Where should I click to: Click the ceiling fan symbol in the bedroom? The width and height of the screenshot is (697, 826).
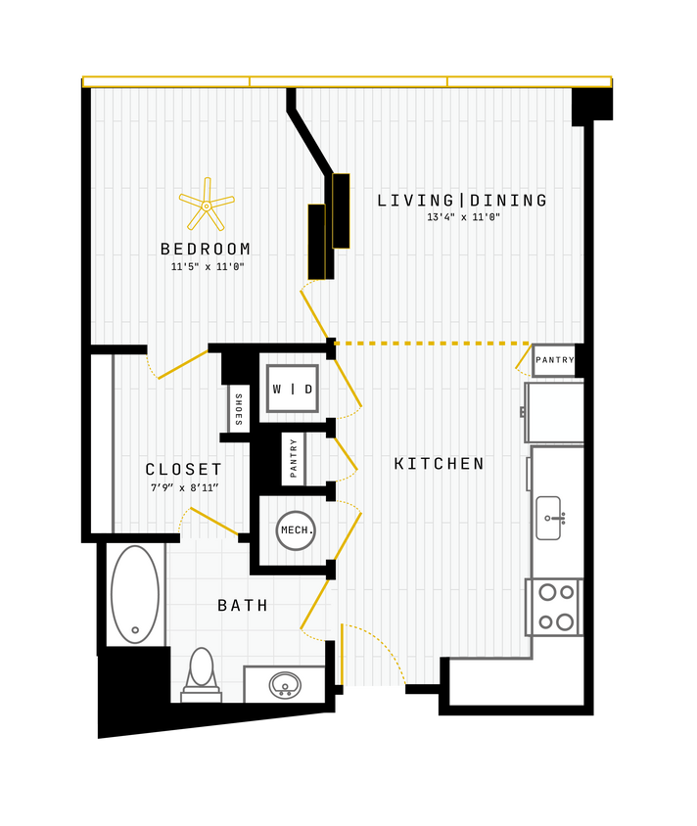[x=207, y=206]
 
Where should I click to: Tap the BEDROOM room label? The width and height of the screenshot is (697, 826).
[x=206, y=249]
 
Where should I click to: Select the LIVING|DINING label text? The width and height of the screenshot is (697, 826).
[x=462, y=201]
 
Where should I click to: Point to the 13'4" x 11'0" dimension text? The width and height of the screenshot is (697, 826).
[x=463, y=218]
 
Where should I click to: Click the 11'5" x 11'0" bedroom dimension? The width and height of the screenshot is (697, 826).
[x=207, y=266]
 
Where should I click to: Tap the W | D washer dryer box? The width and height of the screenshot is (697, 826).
[x=292, y=389]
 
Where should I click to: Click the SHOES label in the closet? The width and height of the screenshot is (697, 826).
[x=238, y=408]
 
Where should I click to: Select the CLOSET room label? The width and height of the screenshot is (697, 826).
[x=184, y=470]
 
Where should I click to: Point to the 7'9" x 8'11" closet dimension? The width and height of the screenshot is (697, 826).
[x=184, y=487]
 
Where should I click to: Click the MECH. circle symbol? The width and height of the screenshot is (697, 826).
[x=296, y=530]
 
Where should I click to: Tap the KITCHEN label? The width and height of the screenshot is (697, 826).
[x=440, y=464]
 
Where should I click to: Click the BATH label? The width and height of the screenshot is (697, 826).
[x=243, y=606]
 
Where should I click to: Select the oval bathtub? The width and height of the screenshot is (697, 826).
[x=135, y=593]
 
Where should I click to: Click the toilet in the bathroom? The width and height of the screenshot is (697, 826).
[x=201, y=673]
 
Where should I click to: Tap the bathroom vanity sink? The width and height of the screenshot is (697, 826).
[x=285, y=684]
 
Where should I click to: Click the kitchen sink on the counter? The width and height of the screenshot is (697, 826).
[x=549, y=517]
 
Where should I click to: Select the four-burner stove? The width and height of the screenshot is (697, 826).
[x=554, y=607]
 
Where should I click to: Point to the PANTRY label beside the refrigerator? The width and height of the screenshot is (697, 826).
[x=554, y=360]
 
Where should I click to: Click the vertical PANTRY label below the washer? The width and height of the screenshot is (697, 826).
[x=293, y=458]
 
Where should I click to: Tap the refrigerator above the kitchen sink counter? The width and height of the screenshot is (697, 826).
[x=555, y=412]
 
